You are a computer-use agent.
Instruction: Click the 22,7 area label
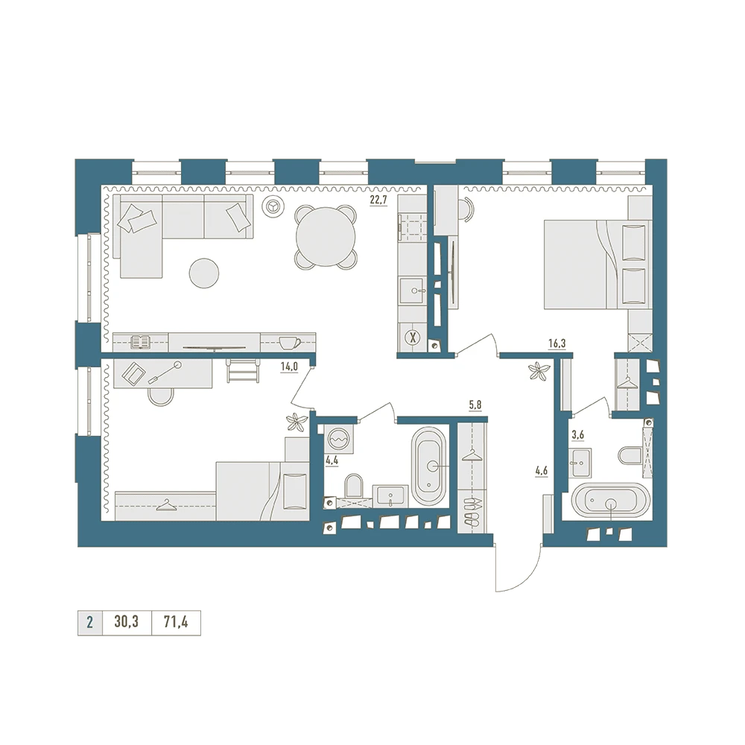tap(378, 200)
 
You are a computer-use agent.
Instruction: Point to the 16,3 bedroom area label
tap(557, 343)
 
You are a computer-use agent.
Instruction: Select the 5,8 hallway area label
tap(475, 405)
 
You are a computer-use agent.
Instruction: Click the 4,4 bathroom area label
tap(332, 460)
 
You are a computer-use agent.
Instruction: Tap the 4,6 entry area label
tap(541, 472)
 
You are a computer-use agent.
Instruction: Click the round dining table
tap(326, 237)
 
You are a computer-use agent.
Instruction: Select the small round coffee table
tap(204, 273)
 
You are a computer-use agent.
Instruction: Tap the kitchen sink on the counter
tap(413, 291)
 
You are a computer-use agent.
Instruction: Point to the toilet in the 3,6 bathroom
tap(630, 455)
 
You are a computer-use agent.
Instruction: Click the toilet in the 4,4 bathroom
tap(353, 485)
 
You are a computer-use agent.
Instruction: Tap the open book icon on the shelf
tap(141, 342)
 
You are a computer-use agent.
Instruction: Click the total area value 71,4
tap(176, 621)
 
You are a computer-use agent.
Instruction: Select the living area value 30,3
tap(127, 621)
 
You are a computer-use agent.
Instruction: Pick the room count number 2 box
tap(90, 622)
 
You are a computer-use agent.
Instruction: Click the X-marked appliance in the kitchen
tap(413, 338)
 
